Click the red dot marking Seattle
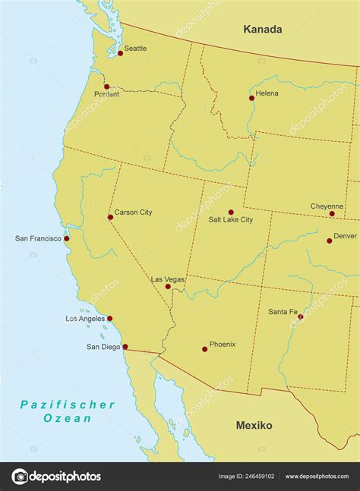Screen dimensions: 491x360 (x=120, y=53)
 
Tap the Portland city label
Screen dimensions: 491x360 (x=106, y=94)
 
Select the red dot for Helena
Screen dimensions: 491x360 (x=251, y=98)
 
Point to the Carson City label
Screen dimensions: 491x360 (x=133, y=212)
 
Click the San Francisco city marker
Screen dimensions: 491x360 (x=67, y=238)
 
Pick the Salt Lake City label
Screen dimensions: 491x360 (x=231, y=220)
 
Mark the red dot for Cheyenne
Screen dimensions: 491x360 (x=332, y=214)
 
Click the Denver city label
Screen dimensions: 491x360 (x=345, y=236)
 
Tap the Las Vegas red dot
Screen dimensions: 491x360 (x=168, y=286)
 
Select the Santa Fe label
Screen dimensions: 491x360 (x=283, y=312)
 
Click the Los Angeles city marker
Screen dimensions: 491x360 (x=109, y=319)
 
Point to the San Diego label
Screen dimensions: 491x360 (x=103, y=347)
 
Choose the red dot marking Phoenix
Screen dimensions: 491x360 (x=204, y=349)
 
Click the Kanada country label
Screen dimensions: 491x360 (x=263, y=30)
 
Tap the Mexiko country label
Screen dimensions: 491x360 (x=254, y=426)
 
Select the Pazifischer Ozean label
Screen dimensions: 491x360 (x=68, y=411)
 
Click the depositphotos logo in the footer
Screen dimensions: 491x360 (x=57, y=477)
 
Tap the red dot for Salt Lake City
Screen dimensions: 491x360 (x=231, y=212)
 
